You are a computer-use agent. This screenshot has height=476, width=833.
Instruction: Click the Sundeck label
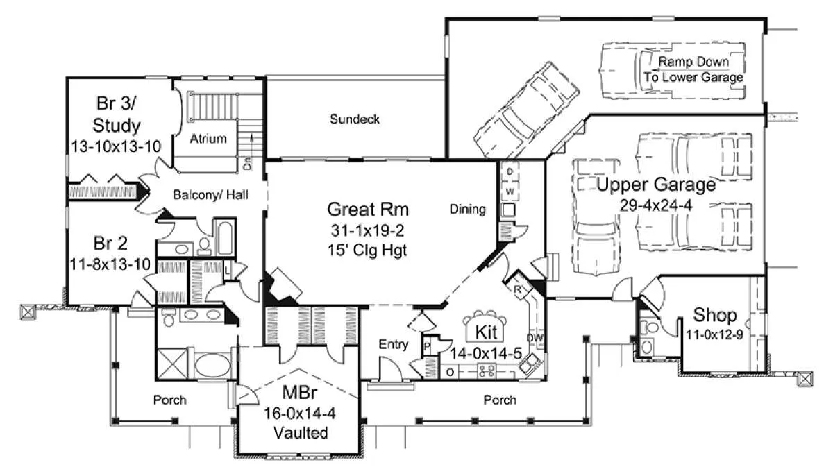coord(355,119)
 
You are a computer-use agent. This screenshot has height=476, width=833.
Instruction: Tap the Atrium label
coord(208,139)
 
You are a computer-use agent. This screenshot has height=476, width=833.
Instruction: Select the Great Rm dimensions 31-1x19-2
coord(367,231)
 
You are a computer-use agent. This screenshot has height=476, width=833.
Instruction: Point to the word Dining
coord(467,209)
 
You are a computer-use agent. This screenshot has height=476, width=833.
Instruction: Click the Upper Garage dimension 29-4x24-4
coord(656,205)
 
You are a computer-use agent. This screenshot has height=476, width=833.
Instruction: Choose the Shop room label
coord(715,315)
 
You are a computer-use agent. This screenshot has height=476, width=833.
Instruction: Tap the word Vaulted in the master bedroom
coord(301,433)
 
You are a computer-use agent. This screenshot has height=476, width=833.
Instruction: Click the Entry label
coord(394,344)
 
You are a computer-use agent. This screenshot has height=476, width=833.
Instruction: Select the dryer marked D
coord(510,171)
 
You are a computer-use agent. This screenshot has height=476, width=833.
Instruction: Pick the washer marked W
coord(510,192)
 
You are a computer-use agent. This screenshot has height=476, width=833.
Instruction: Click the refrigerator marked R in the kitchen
coord(518,289)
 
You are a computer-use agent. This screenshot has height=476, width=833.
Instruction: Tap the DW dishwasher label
coord(535,338)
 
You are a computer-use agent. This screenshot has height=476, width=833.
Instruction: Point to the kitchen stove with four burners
coord(487,371)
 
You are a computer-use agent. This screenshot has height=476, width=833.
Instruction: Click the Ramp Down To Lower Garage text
coord(694,69)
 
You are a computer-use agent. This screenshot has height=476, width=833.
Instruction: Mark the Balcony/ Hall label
coord(210,195)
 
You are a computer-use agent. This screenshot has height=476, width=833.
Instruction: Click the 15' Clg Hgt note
coord(367,250)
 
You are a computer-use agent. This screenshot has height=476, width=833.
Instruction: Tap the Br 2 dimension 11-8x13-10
coord(110,264)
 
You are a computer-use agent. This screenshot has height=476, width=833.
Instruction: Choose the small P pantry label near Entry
coord(428,347)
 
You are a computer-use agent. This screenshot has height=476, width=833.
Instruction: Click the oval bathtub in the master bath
coord(213,365)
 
